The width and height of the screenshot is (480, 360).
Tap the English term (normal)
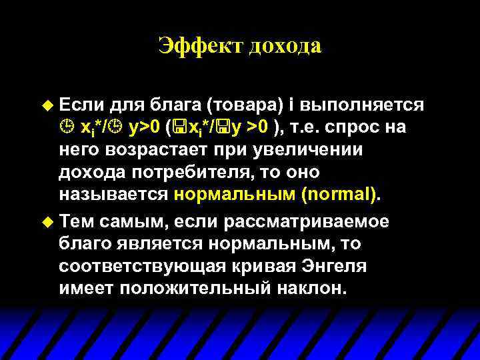click(x=339, y=195)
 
